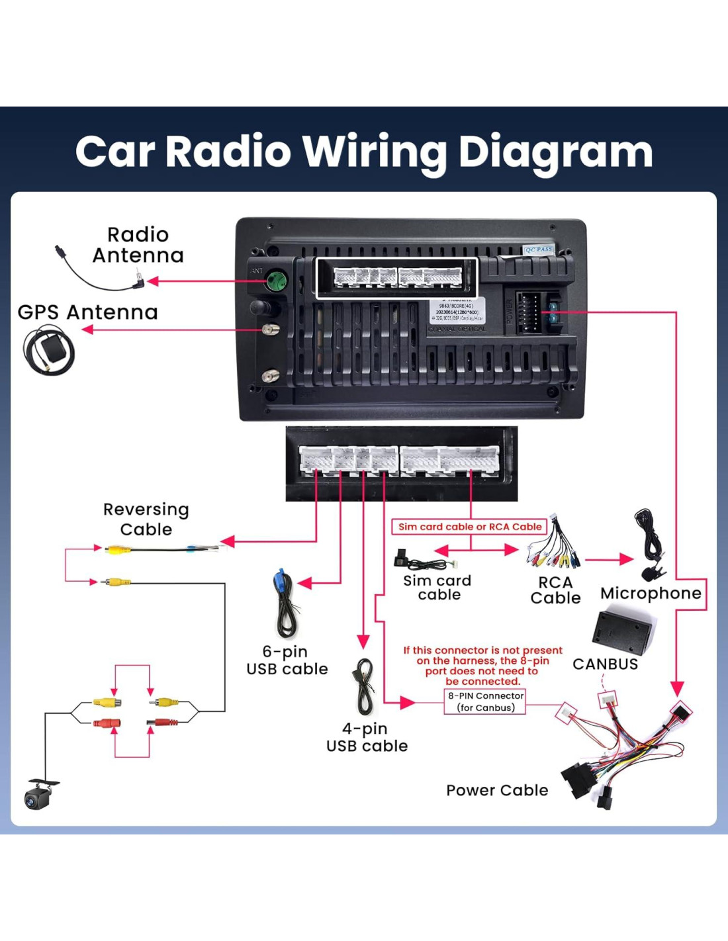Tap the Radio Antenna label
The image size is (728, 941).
138,245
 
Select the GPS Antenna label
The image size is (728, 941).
87,312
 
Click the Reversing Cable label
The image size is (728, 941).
146,519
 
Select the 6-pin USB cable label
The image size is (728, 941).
287,660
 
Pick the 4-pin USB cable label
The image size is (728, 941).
367,737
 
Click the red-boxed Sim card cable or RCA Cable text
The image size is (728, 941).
470,527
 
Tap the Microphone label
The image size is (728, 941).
651,594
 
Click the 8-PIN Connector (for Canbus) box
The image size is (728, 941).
486,701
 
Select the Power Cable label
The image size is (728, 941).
497,790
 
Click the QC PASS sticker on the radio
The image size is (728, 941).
539,249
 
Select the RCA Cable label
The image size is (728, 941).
555,590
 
